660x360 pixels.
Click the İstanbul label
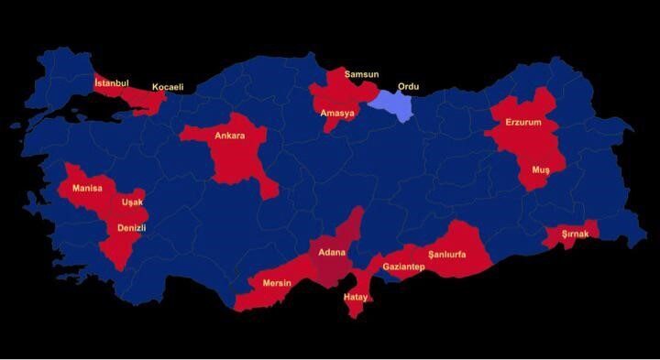click(112, 82)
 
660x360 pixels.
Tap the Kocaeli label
click(168, 87)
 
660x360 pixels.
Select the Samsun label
click(360, 73)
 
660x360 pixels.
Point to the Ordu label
click(408, 87)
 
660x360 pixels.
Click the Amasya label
click(337, 114)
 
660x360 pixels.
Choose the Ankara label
click(229, 136)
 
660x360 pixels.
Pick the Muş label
click(541, 170)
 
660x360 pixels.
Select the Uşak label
click(133, 202)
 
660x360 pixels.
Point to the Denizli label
click(132, 227)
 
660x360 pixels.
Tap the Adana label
click(332, 251)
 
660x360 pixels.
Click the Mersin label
click(277, 283)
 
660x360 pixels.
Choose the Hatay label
click(356, 298)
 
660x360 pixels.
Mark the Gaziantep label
click(403, 267)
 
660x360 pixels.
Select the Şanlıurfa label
click(447, 254)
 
